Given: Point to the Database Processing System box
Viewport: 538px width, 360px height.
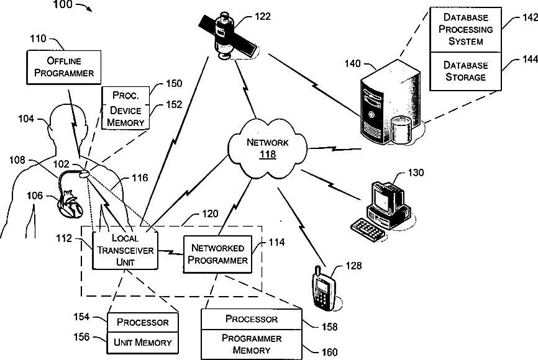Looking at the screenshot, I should [x=466, y=29].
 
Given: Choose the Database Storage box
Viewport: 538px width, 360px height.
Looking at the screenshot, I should [x=466, y=71].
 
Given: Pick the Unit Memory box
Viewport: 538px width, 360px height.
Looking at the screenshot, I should [x=143, y=341].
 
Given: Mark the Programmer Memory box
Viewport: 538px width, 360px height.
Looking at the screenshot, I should [x=252, y=344].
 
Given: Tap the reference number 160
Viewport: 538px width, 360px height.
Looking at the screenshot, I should [x=330, y=352].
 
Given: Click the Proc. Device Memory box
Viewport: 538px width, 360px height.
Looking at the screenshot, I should [x=125, y=109].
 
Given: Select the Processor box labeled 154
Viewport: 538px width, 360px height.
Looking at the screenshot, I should [x=143, y=322].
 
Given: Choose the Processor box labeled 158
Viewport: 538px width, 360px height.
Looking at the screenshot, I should [x=252, y=319].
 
